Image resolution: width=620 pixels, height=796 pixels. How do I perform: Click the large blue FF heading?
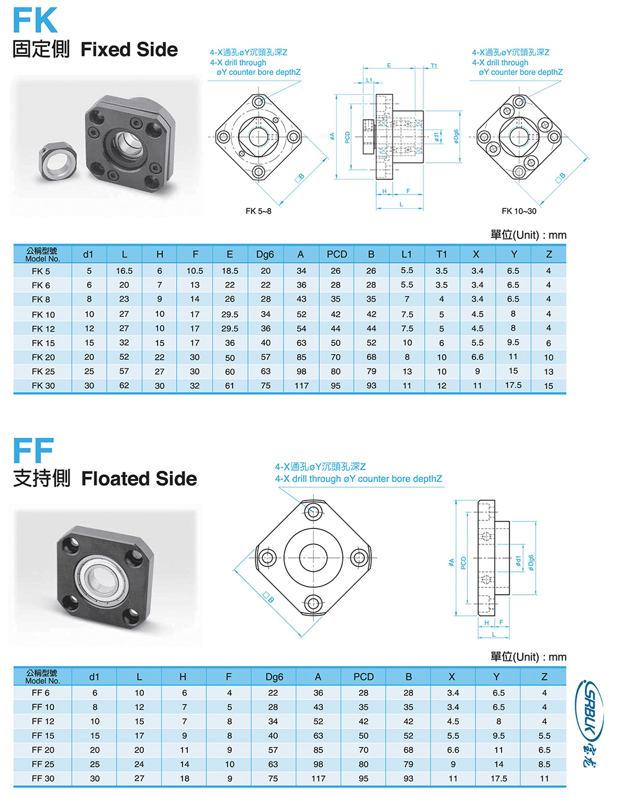pyautogui.click(x=33, y=450)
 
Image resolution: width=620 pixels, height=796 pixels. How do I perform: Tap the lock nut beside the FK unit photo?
pyautogui.click(x=60, y=163)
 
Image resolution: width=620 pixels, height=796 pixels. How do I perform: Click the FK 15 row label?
pyautogui.click(x=43, y=343)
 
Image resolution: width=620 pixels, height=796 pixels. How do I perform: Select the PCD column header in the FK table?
pyautogui.click(x=337, y=254)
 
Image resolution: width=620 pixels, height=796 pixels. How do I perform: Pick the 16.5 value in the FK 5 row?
pyautogui.click(x=124, y=271)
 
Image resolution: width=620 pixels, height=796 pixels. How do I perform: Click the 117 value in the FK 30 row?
pyautogui.click(x=301, y=385)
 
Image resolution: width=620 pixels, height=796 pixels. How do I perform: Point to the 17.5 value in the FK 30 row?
pyautogui.click(x=513, y=385)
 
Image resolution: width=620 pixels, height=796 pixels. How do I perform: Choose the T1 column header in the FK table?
pyautogui.click(x=441, y=254)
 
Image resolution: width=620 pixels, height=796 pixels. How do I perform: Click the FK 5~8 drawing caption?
pyautogui.click(x=259, y=211)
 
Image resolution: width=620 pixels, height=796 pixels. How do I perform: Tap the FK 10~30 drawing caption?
pyautogui.click(x=519, y=211)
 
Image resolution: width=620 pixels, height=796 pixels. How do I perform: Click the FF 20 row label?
pyautogui.click(x=43, y=750)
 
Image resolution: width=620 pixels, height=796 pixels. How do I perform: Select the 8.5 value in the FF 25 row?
pyautogui.click(x=544, y=764)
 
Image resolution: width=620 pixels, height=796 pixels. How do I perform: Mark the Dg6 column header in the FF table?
pyautogui.click(x=273, y=676)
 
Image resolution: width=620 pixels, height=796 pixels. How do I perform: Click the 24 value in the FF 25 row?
pyautogui.click(x=139, y=764)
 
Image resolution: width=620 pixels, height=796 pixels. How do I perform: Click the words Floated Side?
pyautogui.click(x=139, y=479)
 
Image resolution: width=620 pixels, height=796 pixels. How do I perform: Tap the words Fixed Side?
pyautogui.click(x=129, y=50)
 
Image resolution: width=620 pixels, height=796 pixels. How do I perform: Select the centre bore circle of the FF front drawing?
pyautogui.click(x=313, y=557)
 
